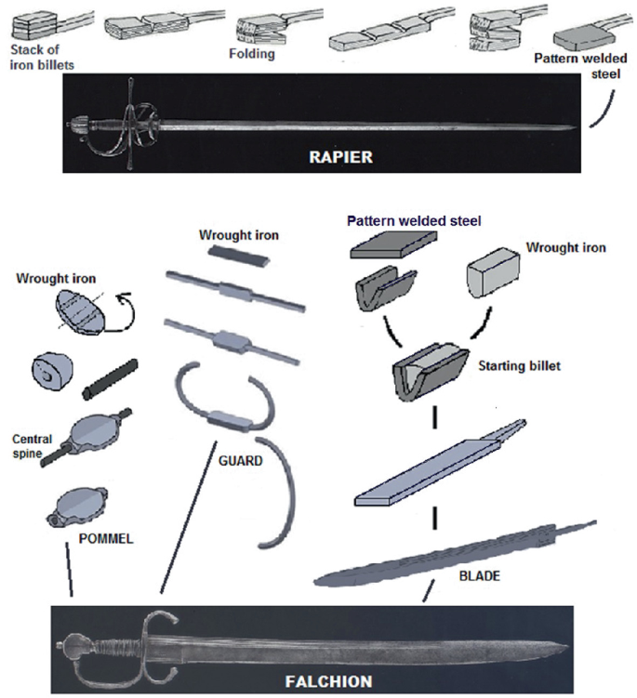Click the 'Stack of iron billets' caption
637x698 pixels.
coord(40,58)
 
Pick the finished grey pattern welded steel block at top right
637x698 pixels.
coord(579,38)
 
